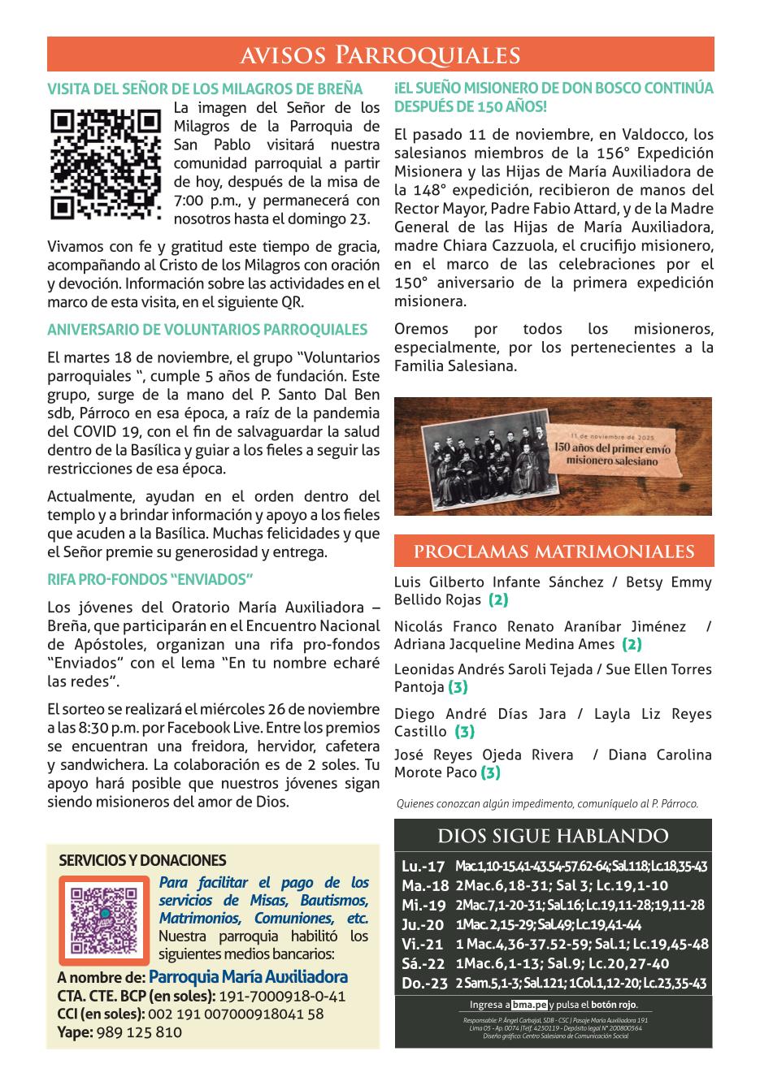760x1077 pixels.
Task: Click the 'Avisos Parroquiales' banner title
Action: tap(380, 54)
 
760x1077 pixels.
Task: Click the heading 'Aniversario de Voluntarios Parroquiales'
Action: tap(207, 330)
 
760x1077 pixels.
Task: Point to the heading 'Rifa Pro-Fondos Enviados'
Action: tap(150, 579)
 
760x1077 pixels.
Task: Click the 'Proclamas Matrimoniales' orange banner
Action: tap(554, 551)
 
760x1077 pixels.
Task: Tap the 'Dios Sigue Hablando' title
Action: tap(553, 836)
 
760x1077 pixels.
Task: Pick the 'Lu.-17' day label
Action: tap(423, 867)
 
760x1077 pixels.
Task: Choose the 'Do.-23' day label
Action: tap(424, 984)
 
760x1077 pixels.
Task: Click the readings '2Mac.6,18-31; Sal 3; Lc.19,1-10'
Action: tap(562, 886)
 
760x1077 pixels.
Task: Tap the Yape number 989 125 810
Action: tap(139, 1032)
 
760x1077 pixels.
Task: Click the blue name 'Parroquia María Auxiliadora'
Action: tap(248, 977)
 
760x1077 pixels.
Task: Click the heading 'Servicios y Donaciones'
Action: tap(142, 860)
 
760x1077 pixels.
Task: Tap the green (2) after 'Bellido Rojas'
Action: tap(498, 600)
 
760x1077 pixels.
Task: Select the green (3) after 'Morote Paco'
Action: tap(490, 772)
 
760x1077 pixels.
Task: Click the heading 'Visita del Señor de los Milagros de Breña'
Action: tap(205, 89)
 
